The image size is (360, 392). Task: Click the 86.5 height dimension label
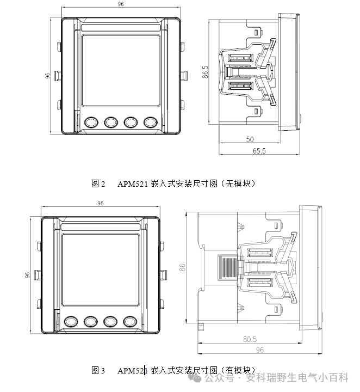pyautogui.click(x=205, y=72)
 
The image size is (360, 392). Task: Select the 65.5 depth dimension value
pyautogui.click(x=259, y=151)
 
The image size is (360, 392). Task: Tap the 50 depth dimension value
pyautogui.click(x=250, y=139)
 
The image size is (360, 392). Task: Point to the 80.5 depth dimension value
pyautogui.click(x=250, y=340)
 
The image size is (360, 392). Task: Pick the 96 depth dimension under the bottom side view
pyautogui.click(x=259, y=350)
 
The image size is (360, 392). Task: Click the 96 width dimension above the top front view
pyautogui.click(x=120, y=4)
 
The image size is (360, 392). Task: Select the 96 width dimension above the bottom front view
pyautogui.click(x=100, y=203)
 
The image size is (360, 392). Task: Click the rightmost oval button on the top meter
pyautogui.click(x=150, y=122)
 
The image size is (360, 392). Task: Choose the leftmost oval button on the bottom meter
pyautogui.click(x=71, y=321)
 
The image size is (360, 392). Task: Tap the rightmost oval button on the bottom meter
pyautogui.click(x=129, y=321)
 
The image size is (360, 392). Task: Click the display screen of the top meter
pyautogui.click(x=121, y=70)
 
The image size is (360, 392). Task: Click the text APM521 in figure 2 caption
pyautogui.click(x=133, y=184)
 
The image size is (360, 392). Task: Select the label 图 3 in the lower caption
pyautogui.click(x=98, y=371)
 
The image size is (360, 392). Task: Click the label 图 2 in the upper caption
pyautogui.click(x=98, y=184)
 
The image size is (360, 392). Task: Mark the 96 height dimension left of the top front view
pyautogui.click(x=47, y=76)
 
